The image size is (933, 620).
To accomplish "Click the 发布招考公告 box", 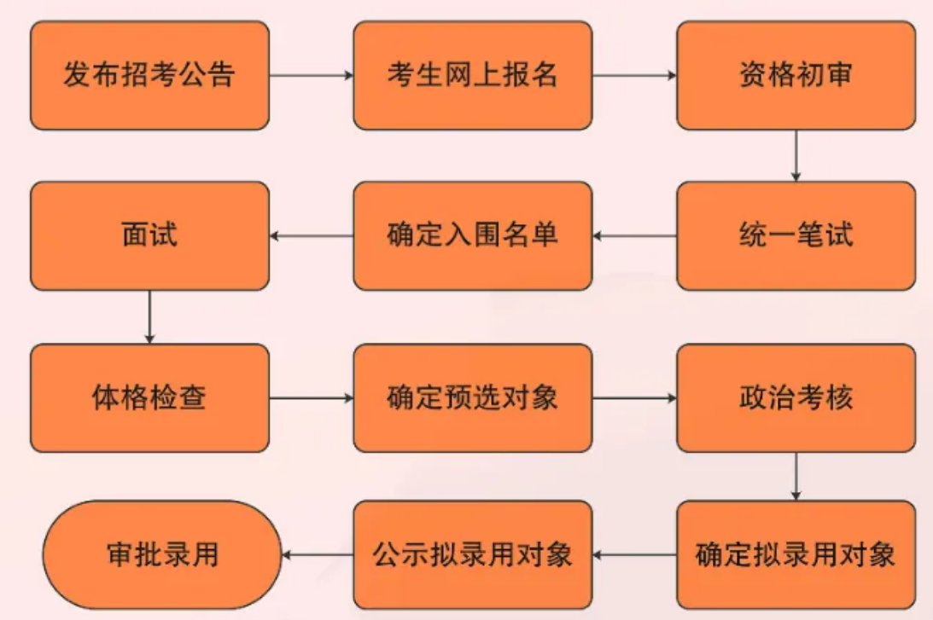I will [x=149, y=76].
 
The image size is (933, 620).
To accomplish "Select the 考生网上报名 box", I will [x=472, y=76].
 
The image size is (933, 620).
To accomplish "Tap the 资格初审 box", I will [x=796, y=76].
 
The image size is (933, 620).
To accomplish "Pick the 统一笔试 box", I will [x=796, y=235].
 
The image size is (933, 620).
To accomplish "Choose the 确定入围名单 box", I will [x=472, y=235].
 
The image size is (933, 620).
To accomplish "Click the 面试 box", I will [x=149, y=235].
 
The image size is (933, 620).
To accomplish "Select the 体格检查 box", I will [x=149, y=397].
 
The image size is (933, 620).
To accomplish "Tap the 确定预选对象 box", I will [x=472, y=397].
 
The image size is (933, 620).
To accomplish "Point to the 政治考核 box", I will [x=796, y=397].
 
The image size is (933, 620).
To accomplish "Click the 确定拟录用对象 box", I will [x=796, y=555].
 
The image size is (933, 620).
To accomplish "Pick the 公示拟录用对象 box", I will [x=472, y=555].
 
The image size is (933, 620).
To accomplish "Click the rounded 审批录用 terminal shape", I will [x=162, y=555].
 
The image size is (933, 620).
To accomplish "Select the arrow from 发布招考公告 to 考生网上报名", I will [x=312, y=76].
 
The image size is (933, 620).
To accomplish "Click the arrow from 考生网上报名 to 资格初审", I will [x=634, y=76].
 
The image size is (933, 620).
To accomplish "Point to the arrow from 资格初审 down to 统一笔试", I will [x=796, y=155].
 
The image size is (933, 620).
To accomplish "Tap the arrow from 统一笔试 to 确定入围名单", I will [x=634, y=235].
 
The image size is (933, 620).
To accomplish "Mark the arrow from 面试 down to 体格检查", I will [x=149, y=316].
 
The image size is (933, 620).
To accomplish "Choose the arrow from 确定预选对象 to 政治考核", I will [x=634, y=397].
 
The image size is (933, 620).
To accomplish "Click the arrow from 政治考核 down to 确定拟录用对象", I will [x=796, y=476].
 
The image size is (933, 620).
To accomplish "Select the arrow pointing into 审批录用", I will [x=318, y=555].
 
